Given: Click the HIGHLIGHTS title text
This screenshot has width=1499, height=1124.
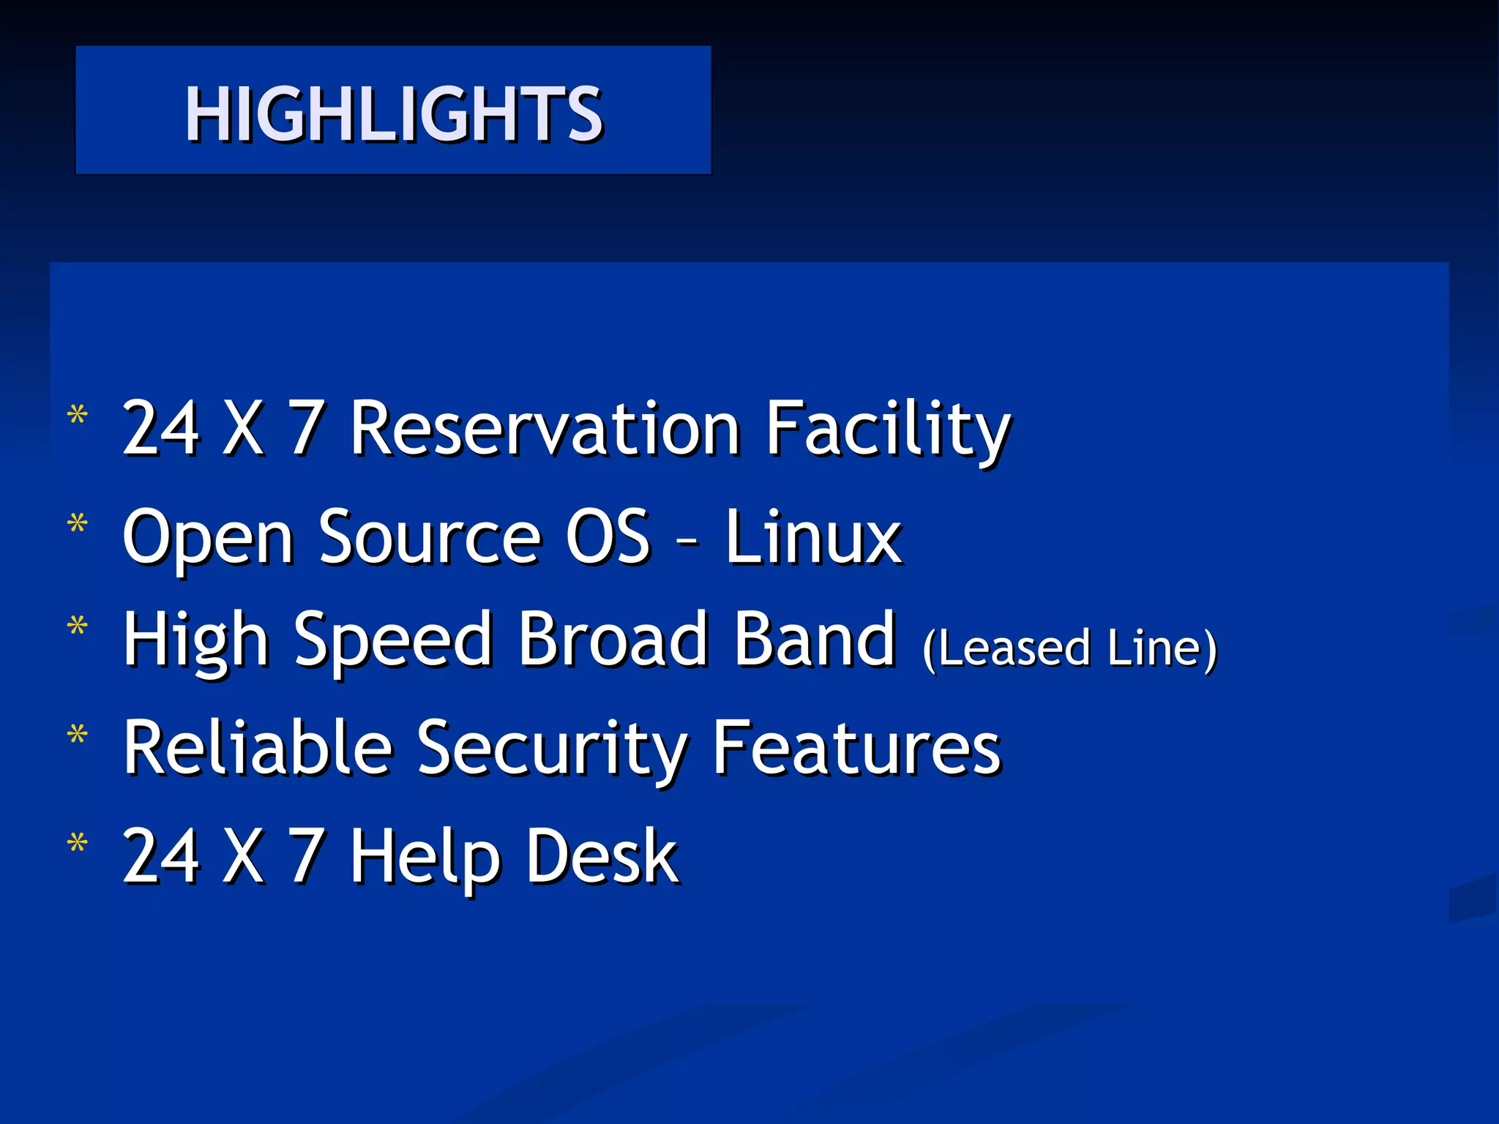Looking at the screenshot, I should tap(394, 113).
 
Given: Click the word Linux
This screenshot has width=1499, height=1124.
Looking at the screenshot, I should tap(813, 538).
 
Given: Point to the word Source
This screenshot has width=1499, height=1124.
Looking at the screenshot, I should tap(430, 538).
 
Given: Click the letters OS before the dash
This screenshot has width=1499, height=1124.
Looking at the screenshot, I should tap(608, 538).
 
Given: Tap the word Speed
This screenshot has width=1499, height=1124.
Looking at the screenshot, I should tap(393, 640).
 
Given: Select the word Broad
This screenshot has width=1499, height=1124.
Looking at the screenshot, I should tap(613, 640).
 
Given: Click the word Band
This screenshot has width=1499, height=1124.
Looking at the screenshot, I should tap(815, 640).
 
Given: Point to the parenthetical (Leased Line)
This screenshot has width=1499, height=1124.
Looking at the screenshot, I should tap(1069, 648).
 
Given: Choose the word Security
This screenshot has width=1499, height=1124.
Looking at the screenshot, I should tap(553, 748).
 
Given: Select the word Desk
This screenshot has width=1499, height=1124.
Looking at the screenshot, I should tap(602, 856).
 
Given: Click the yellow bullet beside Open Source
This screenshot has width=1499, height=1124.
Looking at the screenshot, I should tap(77, 524).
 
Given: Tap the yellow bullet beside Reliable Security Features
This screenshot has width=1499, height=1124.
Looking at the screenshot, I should tap(77, 734).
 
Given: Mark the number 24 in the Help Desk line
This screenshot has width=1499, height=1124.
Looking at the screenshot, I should tap(161, 856).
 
